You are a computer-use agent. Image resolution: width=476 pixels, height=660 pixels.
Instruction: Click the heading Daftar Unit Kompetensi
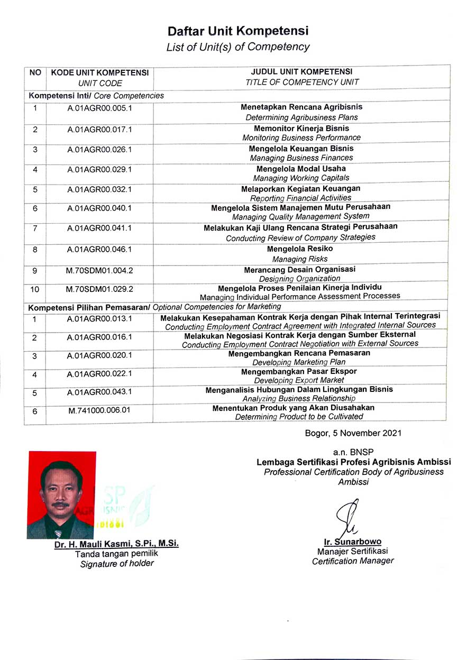(238, 31)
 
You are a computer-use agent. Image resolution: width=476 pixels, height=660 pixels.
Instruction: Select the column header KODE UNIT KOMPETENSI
(100, 72)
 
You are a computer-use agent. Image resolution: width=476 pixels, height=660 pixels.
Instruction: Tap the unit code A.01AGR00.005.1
(99, 108)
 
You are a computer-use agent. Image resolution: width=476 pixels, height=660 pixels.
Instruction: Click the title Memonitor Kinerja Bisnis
(301, 129)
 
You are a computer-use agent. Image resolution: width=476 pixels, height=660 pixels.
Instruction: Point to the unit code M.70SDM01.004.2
(99, 270)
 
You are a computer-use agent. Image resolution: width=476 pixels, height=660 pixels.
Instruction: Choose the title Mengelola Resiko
(300, 249)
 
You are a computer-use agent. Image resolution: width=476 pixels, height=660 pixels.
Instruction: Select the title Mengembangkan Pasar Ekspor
(299, 371)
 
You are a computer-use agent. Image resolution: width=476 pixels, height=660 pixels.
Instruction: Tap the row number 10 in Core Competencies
(35, 289)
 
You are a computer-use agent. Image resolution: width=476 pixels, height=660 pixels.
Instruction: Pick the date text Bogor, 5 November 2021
(353, 433)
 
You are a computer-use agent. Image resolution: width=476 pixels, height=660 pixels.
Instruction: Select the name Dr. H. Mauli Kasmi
(116, 544)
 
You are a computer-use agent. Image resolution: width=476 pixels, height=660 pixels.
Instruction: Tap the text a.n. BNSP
(353, 453)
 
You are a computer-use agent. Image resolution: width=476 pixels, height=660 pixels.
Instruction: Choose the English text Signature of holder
(117, 564)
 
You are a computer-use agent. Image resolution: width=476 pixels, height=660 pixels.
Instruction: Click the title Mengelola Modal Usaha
(301, 169)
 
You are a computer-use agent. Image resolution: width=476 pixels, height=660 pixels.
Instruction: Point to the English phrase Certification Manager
(353, 561)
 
